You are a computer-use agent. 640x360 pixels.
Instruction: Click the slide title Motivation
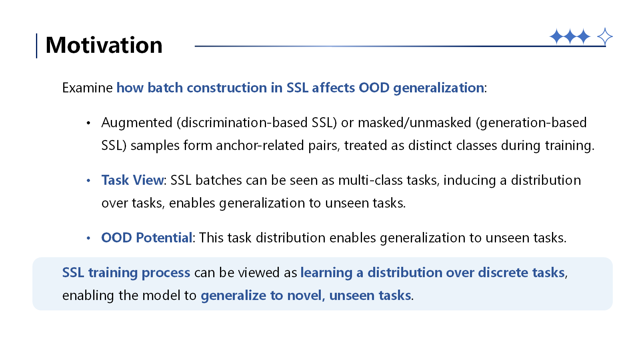coord(104,45)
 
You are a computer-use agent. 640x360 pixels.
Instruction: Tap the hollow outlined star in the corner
coord(604,37)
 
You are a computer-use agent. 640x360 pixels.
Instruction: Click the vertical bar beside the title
coord(36,46)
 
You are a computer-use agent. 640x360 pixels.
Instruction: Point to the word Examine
coord(88,88)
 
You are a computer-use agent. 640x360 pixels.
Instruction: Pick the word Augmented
coord(137,123)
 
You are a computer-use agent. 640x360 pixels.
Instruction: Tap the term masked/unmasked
coord(414,123)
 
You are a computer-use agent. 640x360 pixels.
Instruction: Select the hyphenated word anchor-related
coord(260,146)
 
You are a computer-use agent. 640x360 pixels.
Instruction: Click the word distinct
coord(430,146)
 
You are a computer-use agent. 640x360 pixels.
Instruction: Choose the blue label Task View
coord(133,180)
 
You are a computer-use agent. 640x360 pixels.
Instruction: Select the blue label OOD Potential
coord(147,238)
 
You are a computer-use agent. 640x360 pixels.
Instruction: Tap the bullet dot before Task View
coord(88,180)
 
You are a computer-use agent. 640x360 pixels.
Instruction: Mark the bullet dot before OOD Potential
coord(88,238)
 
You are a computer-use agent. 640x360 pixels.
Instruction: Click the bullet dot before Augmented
coord(88,123)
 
